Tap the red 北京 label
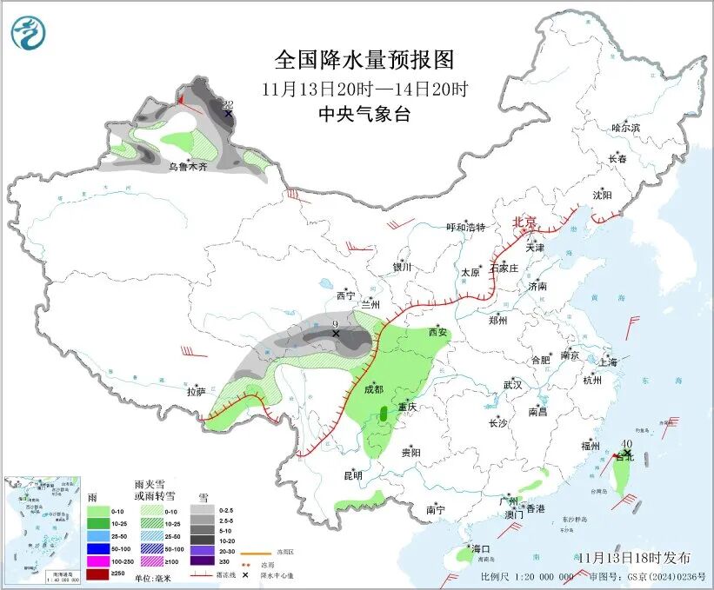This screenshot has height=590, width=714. tap(524, 222)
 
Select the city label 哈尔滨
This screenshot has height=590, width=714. tap(624, 128)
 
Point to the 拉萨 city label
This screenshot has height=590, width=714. tap(195, 392)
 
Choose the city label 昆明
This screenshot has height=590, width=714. tap(352, 474)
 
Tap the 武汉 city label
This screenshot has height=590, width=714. tap(512, 385)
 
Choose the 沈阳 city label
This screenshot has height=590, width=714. tap(603, 195)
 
